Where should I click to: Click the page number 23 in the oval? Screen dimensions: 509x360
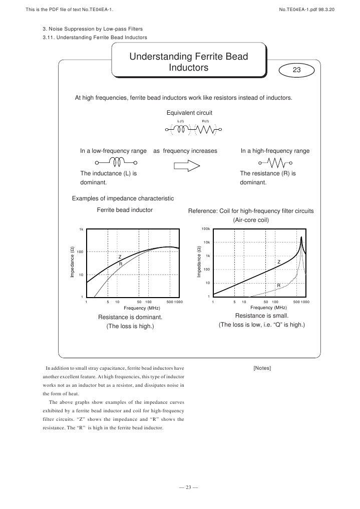[296, 71]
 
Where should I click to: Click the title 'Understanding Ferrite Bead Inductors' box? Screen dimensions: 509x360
[189, 62]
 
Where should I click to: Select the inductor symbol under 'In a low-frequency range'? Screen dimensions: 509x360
[117, 162]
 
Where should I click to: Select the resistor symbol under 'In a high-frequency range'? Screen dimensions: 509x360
[275, 163]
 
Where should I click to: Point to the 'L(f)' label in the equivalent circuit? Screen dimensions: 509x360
[181, 121]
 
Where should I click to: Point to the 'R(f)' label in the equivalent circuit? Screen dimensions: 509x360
[205, 121]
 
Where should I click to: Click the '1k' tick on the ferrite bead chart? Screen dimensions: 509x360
[81, 229]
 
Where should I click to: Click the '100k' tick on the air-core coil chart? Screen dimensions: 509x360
[205, 229]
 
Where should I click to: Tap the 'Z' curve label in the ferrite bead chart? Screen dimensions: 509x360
[120, 257]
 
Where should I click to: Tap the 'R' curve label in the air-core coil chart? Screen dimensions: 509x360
[279, 285]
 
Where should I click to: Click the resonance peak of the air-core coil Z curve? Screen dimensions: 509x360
[301, 238]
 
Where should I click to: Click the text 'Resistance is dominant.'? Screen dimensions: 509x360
[130, 317]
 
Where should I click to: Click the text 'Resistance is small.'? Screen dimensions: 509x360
[261, 316]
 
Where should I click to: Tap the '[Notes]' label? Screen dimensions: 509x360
[262, 368]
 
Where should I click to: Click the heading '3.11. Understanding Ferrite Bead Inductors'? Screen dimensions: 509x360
[95, 38]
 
